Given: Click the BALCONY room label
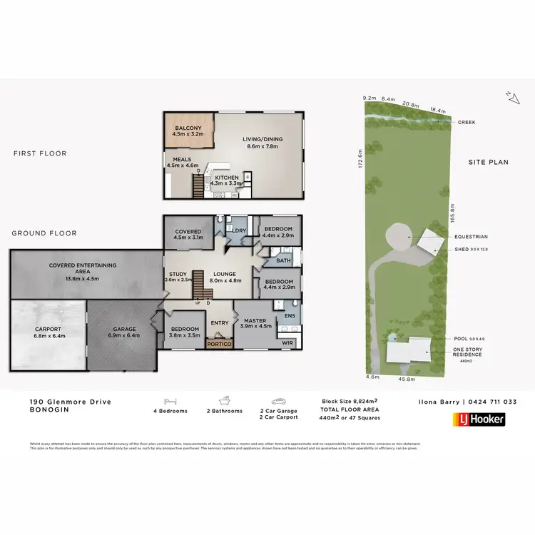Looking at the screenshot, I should [189, 128].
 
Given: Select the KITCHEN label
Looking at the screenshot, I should [227, 178].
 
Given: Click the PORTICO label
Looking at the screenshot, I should [219, 344].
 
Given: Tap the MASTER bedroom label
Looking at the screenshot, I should [254, 321].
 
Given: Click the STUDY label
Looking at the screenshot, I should [178, 275].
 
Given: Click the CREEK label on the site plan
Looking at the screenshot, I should [467, 122].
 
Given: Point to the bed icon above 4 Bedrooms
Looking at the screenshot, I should [170, 401].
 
